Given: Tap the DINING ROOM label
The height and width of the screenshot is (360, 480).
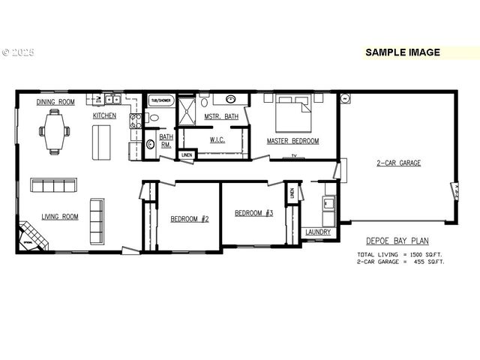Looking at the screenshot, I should [55, 102].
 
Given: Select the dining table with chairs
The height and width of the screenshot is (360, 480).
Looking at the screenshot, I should [55, 131].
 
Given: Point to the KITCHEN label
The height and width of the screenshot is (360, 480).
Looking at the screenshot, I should [104, 116].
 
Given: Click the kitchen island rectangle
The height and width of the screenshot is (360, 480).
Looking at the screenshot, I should [101, 142].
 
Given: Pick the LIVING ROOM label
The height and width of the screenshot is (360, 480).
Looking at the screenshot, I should [60, 217].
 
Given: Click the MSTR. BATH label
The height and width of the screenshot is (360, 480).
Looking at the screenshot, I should [221, 116].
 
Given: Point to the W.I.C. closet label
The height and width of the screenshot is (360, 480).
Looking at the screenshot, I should [217, 139].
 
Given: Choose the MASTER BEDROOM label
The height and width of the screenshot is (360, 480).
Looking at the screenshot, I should [293, 141].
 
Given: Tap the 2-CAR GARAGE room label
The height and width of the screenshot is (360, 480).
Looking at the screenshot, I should [398, 163].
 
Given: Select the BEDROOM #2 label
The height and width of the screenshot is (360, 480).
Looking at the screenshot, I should [189, 219].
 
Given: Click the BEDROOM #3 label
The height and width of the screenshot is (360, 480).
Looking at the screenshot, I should [253, 213].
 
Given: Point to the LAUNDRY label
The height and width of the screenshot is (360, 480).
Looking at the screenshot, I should [318, 232].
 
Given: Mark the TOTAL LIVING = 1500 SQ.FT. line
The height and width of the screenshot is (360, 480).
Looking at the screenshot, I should [400, 255].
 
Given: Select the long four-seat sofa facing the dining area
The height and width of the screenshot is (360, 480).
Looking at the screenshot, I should [53, 184].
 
